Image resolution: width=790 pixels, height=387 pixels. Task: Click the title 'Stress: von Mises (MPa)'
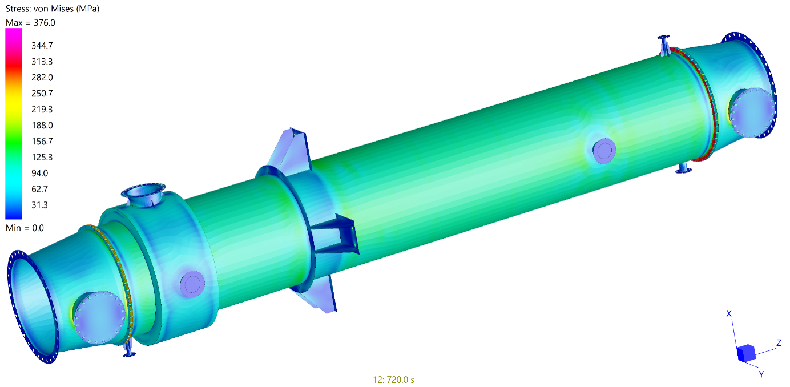click(53, 9)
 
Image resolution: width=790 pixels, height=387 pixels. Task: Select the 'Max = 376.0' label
click(30, 23)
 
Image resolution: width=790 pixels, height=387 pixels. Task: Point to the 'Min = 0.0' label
click(25, 228)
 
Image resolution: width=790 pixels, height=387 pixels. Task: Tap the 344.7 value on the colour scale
click(42, 46)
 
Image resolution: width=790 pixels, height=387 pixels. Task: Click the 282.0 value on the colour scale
click(42, 77)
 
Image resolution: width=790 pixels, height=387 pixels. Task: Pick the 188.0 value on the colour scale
click(42, 125)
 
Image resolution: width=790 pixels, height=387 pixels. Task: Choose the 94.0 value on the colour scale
click(39, 173)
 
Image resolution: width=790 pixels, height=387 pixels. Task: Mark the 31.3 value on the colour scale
click(39, 204)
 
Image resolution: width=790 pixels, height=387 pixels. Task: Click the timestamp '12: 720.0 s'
click(394, 380)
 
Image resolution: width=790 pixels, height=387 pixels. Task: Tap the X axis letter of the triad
click(729, 313)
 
